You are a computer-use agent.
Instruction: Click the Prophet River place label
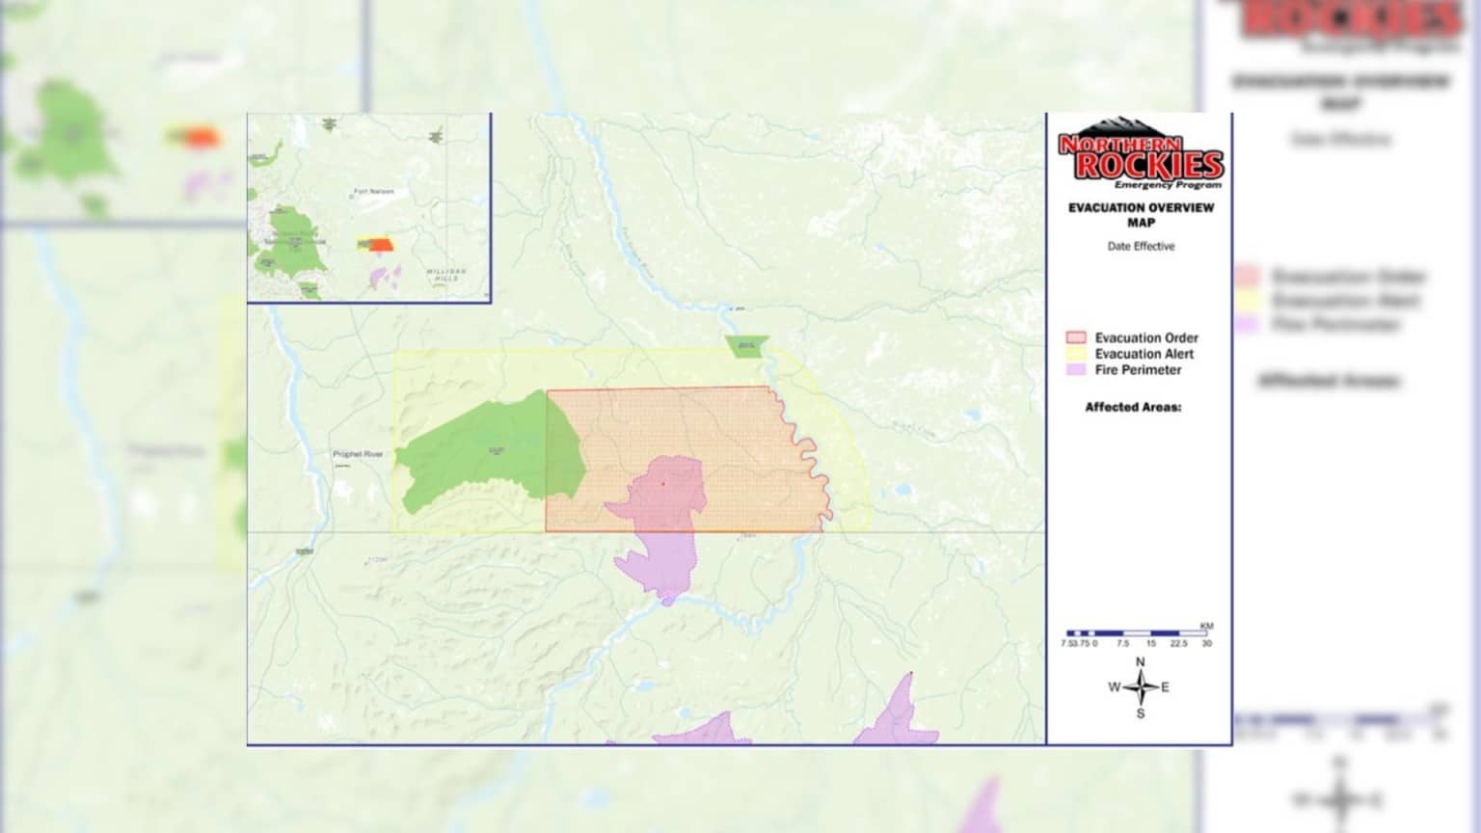click(x=358, y=454)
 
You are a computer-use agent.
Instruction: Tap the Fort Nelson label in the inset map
click(x=374, y=192)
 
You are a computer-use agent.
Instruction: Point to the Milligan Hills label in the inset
click(x=446, y=275)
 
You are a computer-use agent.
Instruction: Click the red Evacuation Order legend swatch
click(x=1076, y=337)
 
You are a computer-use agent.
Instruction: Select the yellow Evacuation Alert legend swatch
click(x=1076, y=354)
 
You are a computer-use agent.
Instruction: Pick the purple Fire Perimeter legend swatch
click(x=1076, y=369)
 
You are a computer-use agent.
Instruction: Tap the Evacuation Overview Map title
click(x=1141, y=214)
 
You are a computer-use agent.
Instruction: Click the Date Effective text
click(x=1141, y=247)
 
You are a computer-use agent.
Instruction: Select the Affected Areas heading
click(x=1133, y=407)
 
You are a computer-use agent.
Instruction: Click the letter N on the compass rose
click(x=1141, y=662)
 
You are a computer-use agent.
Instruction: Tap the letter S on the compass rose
click(x=1141, y=713)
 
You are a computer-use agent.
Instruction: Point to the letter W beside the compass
click(x=1114, y=687)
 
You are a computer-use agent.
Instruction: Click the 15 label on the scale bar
click(x=1150, y=643)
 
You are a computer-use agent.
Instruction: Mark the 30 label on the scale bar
click(x=1206, y=643)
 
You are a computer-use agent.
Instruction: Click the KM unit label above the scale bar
click(x=1206, y=626)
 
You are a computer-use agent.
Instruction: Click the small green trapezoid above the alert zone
click(x=747, y=345)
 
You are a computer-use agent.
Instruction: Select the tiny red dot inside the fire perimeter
click(x=663, y=484)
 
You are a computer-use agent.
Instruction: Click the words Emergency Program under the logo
click(x=1168, y=184)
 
